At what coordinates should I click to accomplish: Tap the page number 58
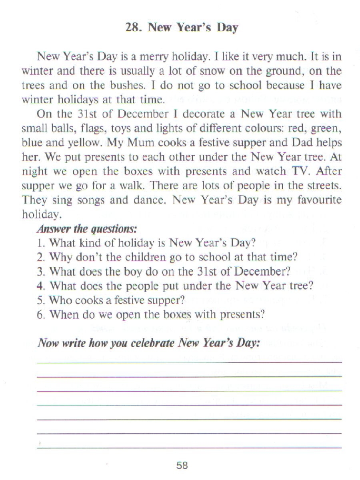coord(182,465)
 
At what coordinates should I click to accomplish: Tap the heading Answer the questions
coord(87,229)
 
